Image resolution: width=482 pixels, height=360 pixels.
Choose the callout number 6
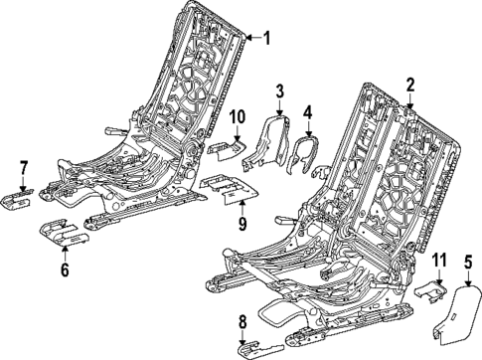point(65,269)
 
